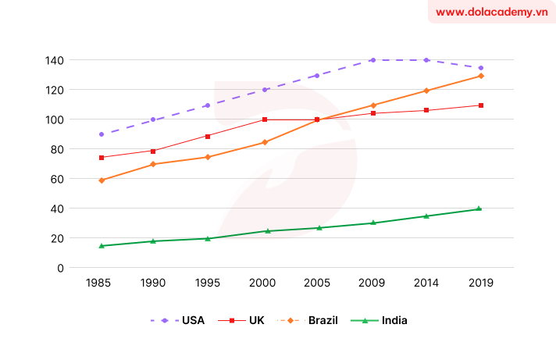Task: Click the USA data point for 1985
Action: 102,134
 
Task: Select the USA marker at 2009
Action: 372,60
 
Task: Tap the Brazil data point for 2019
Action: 481,76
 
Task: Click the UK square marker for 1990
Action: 153,151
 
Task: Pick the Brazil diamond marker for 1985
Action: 102,180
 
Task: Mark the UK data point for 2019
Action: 481,105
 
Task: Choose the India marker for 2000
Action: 267,231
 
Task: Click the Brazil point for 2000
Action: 264,142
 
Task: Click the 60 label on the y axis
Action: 57,179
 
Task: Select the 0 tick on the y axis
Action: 60,268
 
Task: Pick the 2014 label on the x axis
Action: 426,283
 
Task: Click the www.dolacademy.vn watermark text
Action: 491,12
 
